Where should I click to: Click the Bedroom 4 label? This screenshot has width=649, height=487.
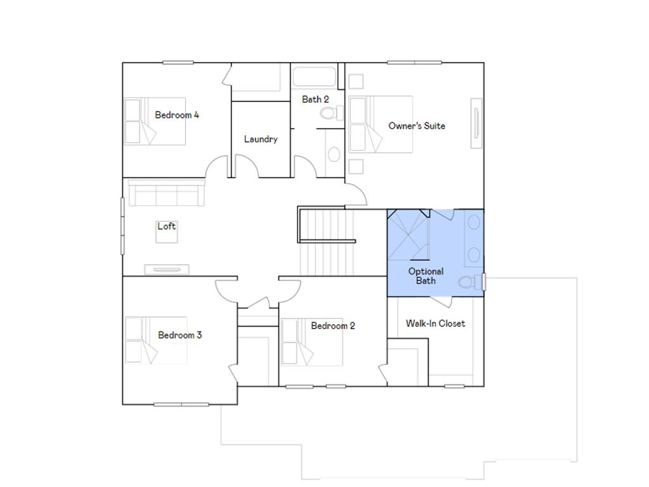tap(177, 115)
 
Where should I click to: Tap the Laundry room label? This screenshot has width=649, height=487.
tap(260, 139)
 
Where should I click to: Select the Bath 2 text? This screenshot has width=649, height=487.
tap(315, 99)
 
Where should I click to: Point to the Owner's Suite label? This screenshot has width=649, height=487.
tap(416, 126)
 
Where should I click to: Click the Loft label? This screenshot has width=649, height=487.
tap(167, 226)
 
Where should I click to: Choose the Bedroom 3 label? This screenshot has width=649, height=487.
tap(180, 335)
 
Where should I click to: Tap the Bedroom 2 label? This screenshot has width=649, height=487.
tap(333, 325)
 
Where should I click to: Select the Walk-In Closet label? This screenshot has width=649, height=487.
tap(435, 323)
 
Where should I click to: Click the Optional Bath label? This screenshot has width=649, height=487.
tap(426, 276)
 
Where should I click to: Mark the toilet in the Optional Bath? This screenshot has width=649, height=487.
tap(468, 282)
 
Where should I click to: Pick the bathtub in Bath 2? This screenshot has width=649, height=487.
tap(315, 77)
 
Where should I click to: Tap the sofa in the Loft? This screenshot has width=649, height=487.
tap(166, 193)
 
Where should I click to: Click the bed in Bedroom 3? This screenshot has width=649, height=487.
tap(156, 341)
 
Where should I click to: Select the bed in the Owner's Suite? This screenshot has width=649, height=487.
tap(380, 124)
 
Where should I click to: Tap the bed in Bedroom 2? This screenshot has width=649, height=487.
tap(312, 342)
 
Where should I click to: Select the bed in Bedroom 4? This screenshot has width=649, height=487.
tap(155, 121)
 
